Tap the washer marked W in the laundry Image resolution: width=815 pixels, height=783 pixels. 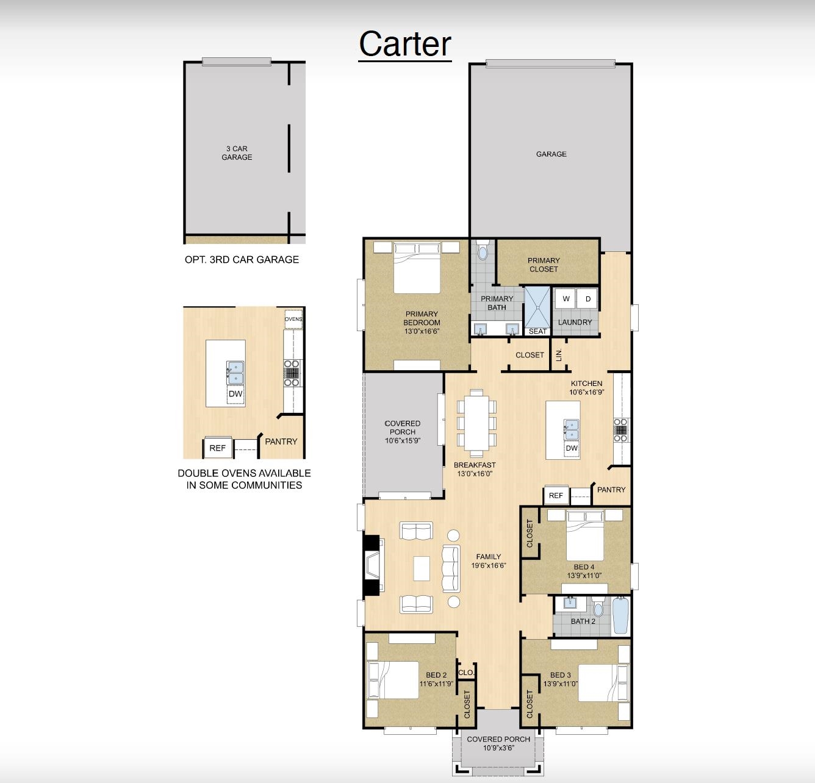coord(566,299)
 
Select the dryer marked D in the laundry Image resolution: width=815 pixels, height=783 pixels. coord(587,299)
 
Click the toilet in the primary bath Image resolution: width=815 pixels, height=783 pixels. coord(483,250)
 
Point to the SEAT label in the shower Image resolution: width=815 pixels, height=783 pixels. coord(537,331)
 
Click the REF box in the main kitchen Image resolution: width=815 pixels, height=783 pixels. coord(556,495)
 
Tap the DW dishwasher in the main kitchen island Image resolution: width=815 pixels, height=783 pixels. coord(571,448)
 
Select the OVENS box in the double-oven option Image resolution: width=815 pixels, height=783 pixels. coord(293,319)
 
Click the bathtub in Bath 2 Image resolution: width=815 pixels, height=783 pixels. coord(621,615)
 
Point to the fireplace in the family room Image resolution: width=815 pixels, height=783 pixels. coord(373,565)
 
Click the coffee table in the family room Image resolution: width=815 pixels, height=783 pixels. coord(422,568)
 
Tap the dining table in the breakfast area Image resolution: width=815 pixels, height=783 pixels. coord(476,423)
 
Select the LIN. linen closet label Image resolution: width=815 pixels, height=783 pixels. coord(558,355)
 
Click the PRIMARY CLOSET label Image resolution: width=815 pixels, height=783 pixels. coord(544,265)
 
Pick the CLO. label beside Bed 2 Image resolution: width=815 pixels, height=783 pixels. coord(465,673)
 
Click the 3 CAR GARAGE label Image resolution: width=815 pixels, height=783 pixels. coord(237,153)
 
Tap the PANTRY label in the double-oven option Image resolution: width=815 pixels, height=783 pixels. coord(281,442)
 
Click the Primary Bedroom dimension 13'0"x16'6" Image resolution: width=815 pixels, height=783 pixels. coord(422,331)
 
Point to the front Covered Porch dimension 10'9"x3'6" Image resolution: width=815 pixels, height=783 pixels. coord(498,748)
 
